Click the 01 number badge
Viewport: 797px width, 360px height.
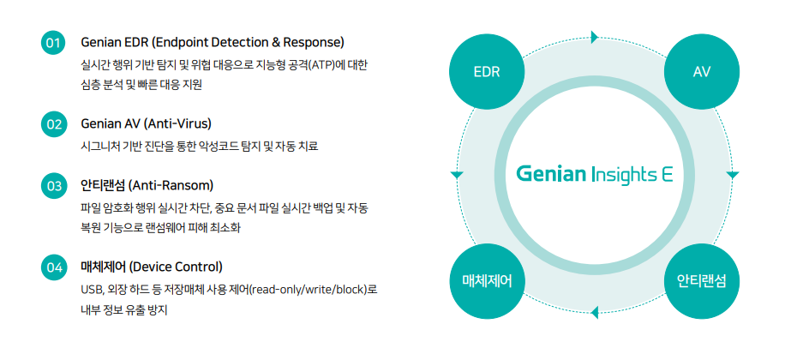coord(53,42)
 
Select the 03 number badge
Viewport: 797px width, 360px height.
coord(53,185)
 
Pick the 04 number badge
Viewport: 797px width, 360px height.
coord(53,267)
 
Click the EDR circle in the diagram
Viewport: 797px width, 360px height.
coord(486,71)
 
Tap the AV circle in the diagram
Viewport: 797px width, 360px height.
coord(702,71)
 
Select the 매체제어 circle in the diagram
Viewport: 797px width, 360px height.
coord(486,280)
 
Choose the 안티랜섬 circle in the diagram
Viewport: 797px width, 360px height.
coord(702,280)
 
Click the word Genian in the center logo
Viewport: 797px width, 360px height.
coord(551,174)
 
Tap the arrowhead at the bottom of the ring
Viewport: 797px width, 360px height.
coord(593,314)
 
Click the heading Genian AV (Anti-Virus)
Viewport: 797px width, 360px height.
coord(146,123)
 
